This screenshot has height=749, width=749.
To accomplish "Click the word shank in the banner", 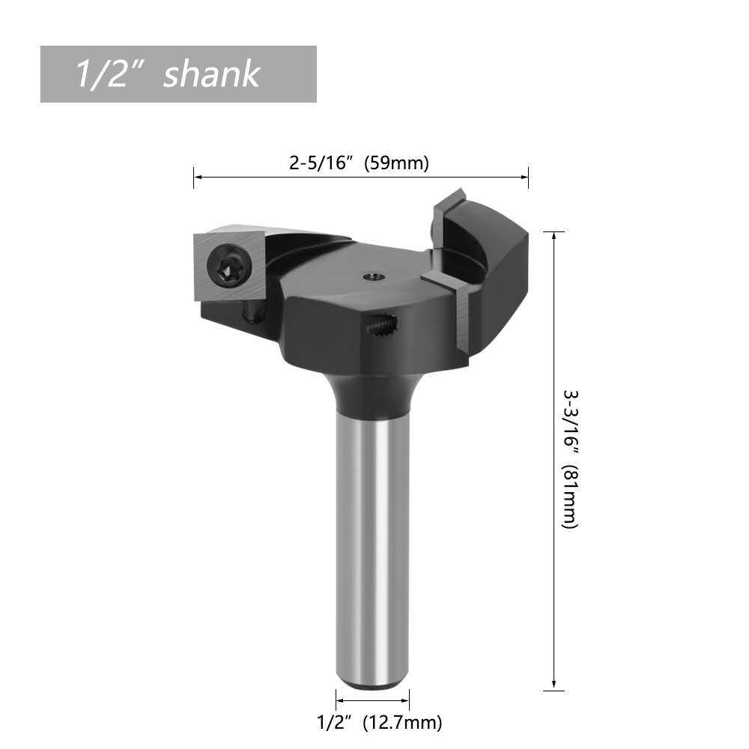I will [211, 74].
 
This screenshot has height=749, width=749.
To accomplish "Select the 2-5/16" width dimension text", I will [321, 163].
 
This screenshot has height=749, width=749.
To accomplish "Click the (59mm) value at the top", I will [396, 163].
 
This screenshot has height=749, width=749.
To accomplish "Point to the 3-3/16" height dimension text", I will [570, 420].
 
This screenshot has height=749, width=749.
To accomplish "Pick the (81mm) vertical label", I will [570, 497].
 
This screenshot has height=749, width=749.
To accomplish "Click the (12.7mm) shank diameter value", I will [402, 723].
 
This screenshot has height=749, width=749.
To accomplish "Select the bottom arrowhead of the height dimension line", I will [554, 686].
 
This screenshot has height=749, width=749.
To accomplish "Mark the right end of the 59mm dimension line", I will [528, 178].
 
